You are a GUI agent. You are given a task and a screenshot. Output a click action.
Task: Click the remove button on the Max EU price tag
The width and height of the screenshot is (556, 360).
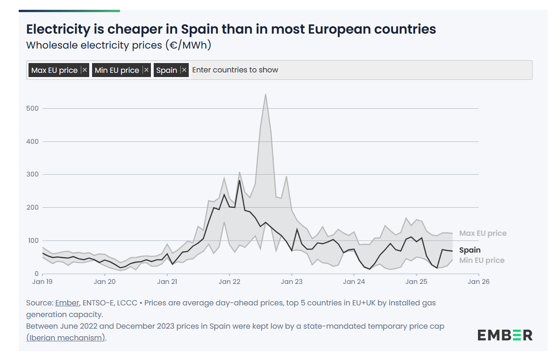click(85, 70)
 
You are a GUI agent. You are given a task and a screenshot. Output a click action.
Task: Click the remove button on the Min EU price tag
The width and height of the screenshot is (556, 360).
click(146, 70)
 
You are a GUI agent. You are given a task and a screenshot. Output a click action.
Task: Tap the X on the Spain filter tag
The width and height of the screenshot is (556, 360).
click(184, 70)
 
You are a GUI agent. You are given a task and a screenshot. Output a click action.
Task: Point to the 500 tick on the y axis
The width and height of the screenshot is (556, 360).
click(33, 108)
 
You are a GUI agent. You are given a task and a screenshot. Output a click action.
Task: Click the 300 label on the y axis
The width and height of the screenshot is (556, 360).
click(33, 174)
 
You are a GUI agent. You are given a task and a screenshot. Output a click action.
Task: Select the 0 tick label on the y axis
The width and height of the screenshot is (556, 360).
click(36, 274)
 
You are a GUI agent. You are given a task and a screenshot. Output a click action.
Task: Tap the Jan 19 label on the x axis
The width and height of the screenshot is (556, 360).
click(43, 282)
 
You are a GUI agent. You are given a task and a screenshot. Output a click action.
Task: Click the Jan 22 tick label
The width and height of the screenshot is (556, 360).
click(229, 282)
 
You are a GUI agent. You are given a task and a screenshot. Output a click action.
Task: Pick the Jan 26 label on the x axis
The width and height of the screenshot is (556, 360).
click(479, 282)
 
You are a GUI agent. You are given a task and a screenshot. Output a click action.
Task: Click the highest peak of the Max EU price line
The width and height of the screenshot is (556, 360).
click(265, 94)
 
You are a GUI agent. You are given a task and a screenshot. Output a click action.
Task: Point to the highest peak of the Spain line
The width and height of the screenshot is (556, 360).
click(240, 180)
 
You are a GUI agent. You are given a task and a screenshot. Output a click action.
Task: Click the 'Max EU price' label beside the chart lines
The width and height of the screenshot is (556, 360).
click(483, 233)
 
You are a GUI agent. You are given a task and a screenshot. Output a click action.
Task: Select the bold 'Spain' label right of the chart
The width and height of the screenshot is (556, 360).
click(470, 250)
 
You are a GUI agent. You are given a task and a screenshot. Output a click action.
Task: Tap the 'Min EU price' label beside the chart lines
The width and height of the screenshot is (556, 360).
click(482, 261)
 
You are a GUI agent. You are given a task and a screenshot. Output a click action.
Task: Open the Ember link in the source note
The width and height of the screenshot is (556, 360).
click(67, 303)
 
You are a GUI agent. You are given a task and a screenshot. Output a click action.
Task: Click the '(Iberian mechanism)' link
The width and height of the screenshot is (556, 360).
click(66, 338)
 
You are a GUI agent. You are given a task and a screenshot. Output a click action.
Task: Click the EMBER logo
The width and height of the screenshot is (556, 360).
click(505, 335)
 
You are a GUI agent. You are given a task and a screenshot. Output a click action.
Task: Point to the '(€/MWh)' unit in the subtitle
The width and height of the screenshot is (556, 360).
click(188, 45)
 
